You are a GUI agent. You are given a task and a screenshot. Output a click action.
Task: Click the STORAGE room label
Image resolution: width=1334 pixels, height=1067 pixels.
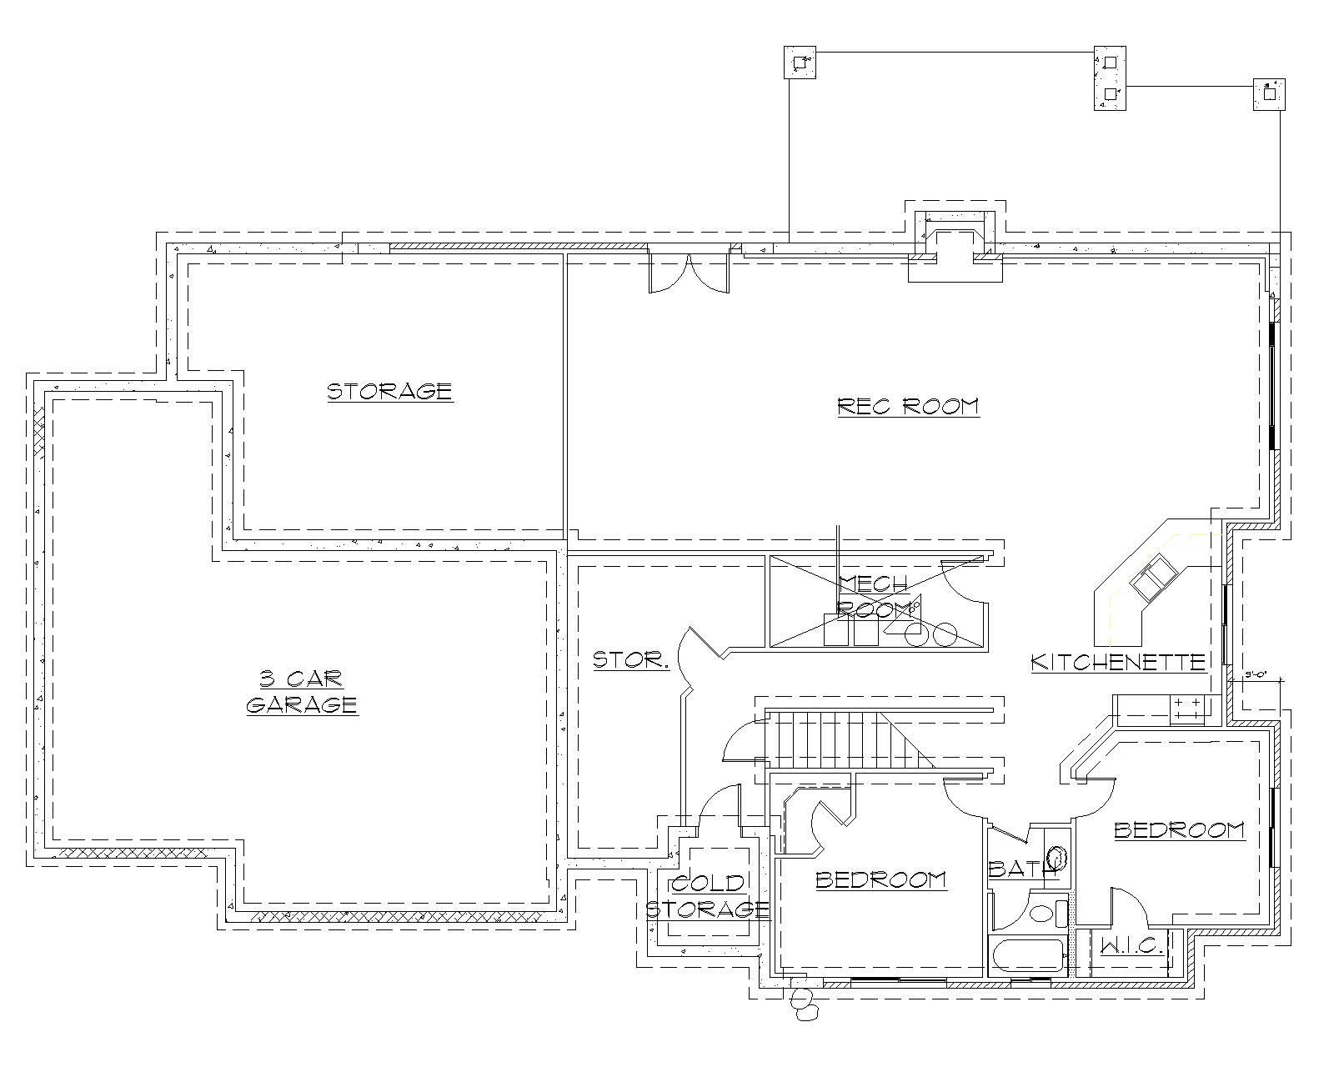coord(389,391)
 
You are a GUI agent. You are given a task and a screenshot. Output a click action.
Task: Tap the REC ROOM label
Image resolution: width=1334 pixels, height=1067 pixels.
coord(908,406)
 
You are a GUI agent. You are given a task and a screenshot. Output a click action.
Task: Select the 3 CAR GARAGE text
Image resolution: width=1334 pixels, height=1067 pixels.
coord(302,692)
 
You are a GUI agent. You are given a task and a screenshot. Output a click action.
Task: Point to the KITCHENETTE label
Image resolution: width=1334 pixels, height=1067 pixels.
coord(1118,662)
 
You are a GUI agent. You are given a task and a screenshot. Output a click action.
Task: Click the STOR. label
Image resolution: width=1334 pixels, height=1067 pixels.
coord(631,661)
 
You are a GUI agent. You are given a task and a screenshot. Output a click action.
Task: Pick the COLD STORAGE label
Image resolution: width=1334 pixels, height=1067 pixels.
coord(707,896)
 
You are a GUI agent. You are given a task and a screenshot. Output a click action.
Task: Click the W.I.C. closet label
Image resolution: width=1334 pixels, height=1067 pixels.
coord(1131,946)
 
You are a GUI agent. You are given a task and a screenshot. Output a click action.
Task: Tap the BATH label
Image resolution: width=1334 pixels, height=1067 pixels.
coord(1019,869)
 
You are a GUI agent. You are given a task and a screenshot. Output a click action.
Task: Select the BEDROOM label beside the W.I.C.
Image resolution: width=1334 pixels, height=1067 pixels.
coord(1179,830)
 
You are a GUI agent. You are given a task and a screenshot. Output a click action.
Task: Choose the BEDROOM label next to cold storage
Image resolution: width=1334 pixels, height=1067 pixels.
coord(880,879)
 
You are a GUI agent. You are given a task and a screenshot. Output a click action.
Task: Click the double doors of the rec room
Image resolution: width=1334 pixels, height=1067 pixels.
coord(689,273)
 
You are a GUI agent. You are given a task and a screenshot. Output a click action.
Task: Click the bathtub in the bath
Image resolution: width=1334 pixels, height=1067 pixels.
coord(1026,955)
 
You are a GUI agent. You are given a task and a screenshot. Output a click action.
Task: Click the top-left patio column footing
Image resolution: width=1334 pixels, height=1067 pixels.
coord(800,63)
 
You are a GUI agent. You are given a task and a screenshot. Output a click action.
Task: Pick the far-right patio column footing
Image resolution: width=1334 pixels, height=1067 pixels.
coord(1269,94)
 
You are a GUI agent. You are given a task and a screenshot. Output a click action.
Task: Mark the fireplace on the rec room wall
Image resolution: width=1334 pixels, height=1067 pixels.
coord(955,247)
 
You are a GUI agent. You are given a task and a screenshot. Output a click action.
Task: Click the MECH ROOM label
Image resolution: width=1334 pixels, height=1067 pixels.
coord(872,595)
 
